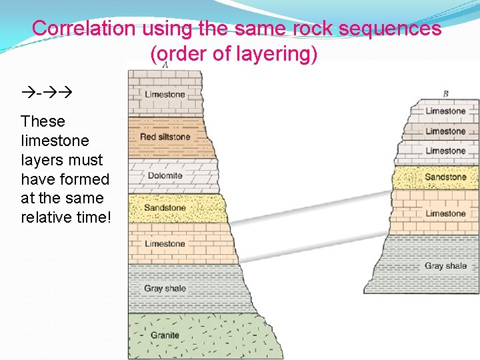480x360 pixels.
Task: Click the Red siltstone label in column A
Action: point(165,137)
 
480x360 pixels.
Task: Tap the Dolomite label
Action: point(165,176)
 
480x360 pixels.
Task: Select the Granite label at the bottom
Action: point(165,335)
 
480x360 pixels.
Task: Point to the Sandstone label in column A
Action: point(165,208)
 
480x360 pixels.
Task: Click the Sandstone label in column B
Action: point(445,177)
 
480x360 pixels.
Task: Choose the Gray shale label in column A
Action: point(165,289)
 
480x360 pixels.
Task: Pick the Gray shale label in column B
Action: point(445,266)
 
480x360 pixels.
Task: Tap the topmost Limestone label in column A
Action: point(165,95)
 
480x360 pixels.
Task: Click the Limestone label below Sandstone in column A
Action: point(165,244)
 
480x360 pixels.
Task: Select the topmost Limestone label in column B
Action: point(445,111)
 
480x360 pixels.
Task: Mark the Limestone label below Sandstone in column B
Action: point(445,214)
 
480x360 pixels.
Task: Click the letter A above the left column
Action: point(165,64)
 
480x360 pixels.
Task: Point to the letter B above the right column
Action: point(445,93)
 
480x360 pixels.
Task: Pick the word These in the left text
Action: point(43,121)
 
